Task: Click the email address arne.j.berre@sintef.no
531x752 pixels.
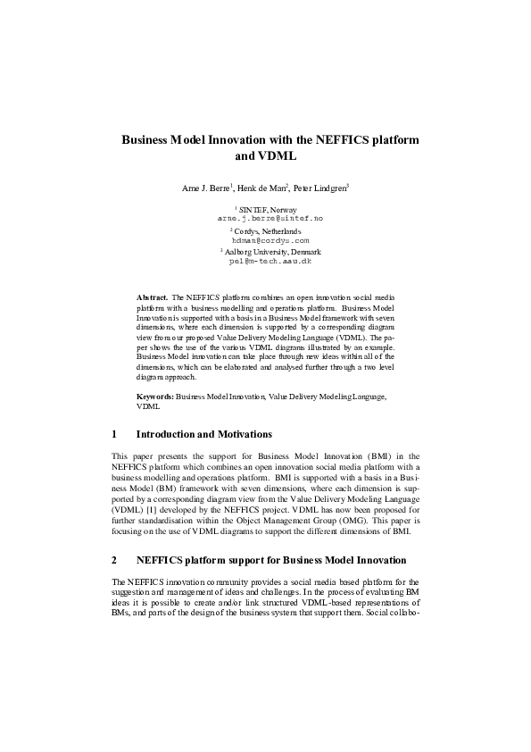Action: (270, 218)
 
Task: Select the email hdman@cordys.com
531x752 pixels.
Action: (270, 240)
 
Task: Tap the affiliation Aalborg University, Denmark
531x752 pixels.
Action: (271, 252)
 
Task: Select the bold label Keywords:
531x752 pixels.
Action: (155, 395)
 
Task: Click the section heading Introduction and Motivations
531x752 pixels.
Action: (203, 435)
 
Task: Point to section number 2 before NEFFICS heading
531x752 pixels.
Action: (114, 561)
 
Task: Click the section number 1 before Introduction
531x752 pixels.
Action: (114, 435)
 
